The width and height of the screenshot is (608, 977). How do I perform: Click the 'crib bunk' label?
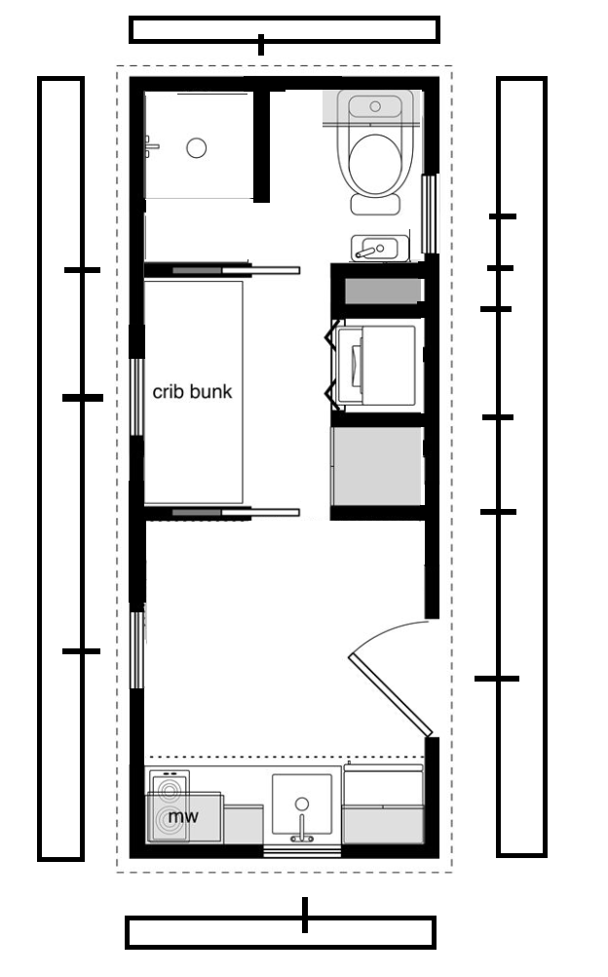[192, 391]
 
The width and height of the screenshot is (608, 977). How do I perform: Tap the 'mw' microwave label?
[183, 815]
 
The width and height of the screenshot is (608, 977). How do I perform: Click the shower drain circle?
[196, 147]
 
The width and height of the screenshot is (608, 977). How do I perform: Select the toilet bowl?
[374, 164]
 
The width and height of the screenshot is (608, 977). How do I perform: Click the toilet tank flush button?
[375, 106]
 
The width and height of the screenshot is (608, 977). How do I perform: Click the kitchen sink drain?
[301, 803]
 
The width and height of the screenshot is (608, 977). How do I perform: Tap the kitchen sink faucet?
[301, 829]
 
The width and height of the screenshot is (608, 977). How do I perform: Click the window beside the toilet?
[429, 214]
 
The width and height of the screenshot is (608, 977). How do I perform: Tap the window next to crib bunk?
[136, 396]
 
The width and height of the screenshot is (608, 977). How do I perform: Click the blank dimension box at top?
[285, 29]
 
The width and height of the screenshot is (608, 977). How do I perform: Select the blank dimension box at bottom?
[281, 932]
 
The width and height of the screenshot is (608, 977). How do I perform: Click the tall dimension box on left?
[61, 469]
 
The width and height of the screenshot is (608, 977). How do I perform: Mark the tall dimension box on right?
[522, 467]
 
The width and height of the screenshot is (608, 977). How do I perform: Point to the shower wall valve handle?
[151, 147]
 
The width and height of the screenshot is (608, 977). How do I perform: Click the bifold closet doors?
[334, 365]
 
